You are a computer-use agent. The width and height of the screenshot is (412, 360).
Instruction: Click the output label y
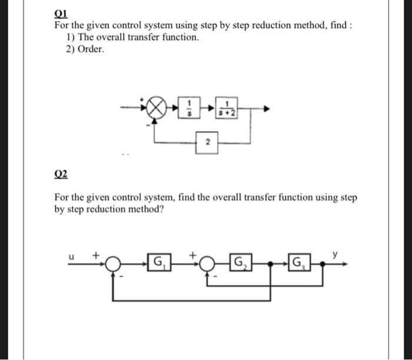(x=335, y=254)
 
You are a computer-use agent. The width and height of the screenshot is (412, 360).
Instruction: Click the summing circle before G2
(x=206, y=263)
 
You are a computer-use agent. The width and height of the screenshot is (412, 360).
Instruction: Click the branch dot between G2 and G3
(x=269, y=263)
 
